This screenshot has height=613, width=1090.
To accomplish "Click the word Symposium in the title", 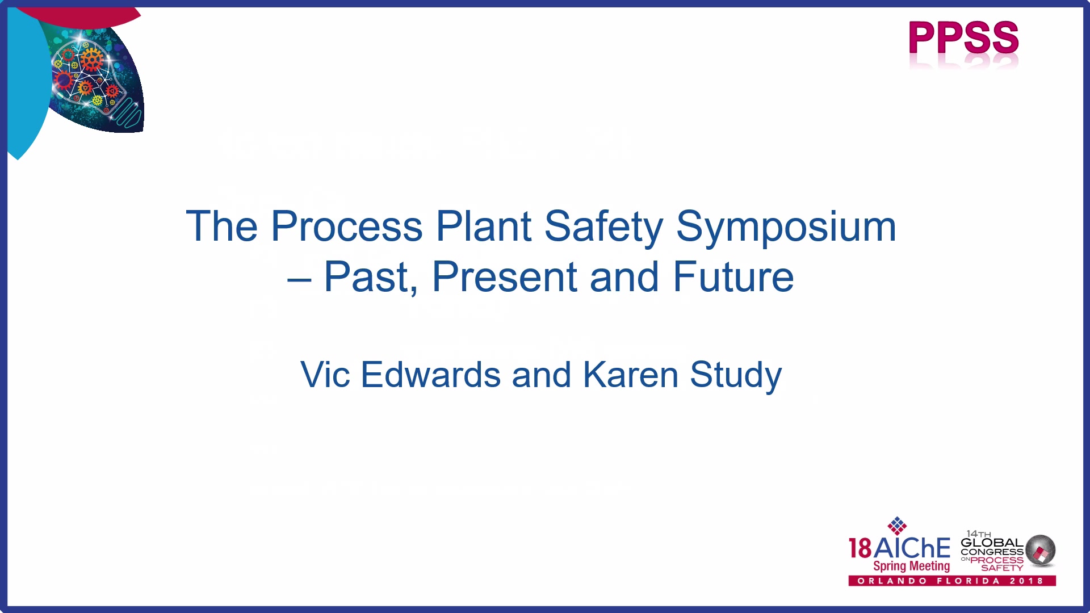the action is tap(786, 227).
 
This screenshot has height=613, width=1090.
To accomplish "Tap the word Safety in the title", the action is tap(604, 227).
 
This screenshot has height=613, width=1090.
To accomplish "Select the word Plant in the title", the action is tap(484, 226).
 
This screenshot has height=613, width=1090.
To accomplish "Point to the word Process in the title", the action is tap(347, 226).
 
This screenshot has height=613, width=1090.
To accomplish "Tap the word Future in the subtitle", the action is tap(733, 277).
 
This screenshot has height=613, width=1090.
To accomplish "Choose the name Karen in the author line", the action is tap(631, 375).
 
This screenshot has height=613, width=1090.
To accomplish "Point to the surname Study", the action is tap(736, 376).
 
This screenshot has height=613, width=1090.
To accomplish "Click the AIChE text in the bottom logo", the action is tap(912, 548).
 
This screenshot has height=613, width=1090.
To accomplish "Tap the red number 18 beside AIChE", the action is tap(860, 549).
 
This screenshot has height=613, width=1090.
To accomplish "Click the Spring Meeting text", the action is tap(911, 566).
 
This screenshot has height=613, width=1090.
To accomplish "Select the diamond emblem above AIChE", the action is tap(897, 526).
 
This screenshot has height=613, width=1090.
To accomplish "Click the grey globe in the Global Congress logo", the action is tap(1041, 550).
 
